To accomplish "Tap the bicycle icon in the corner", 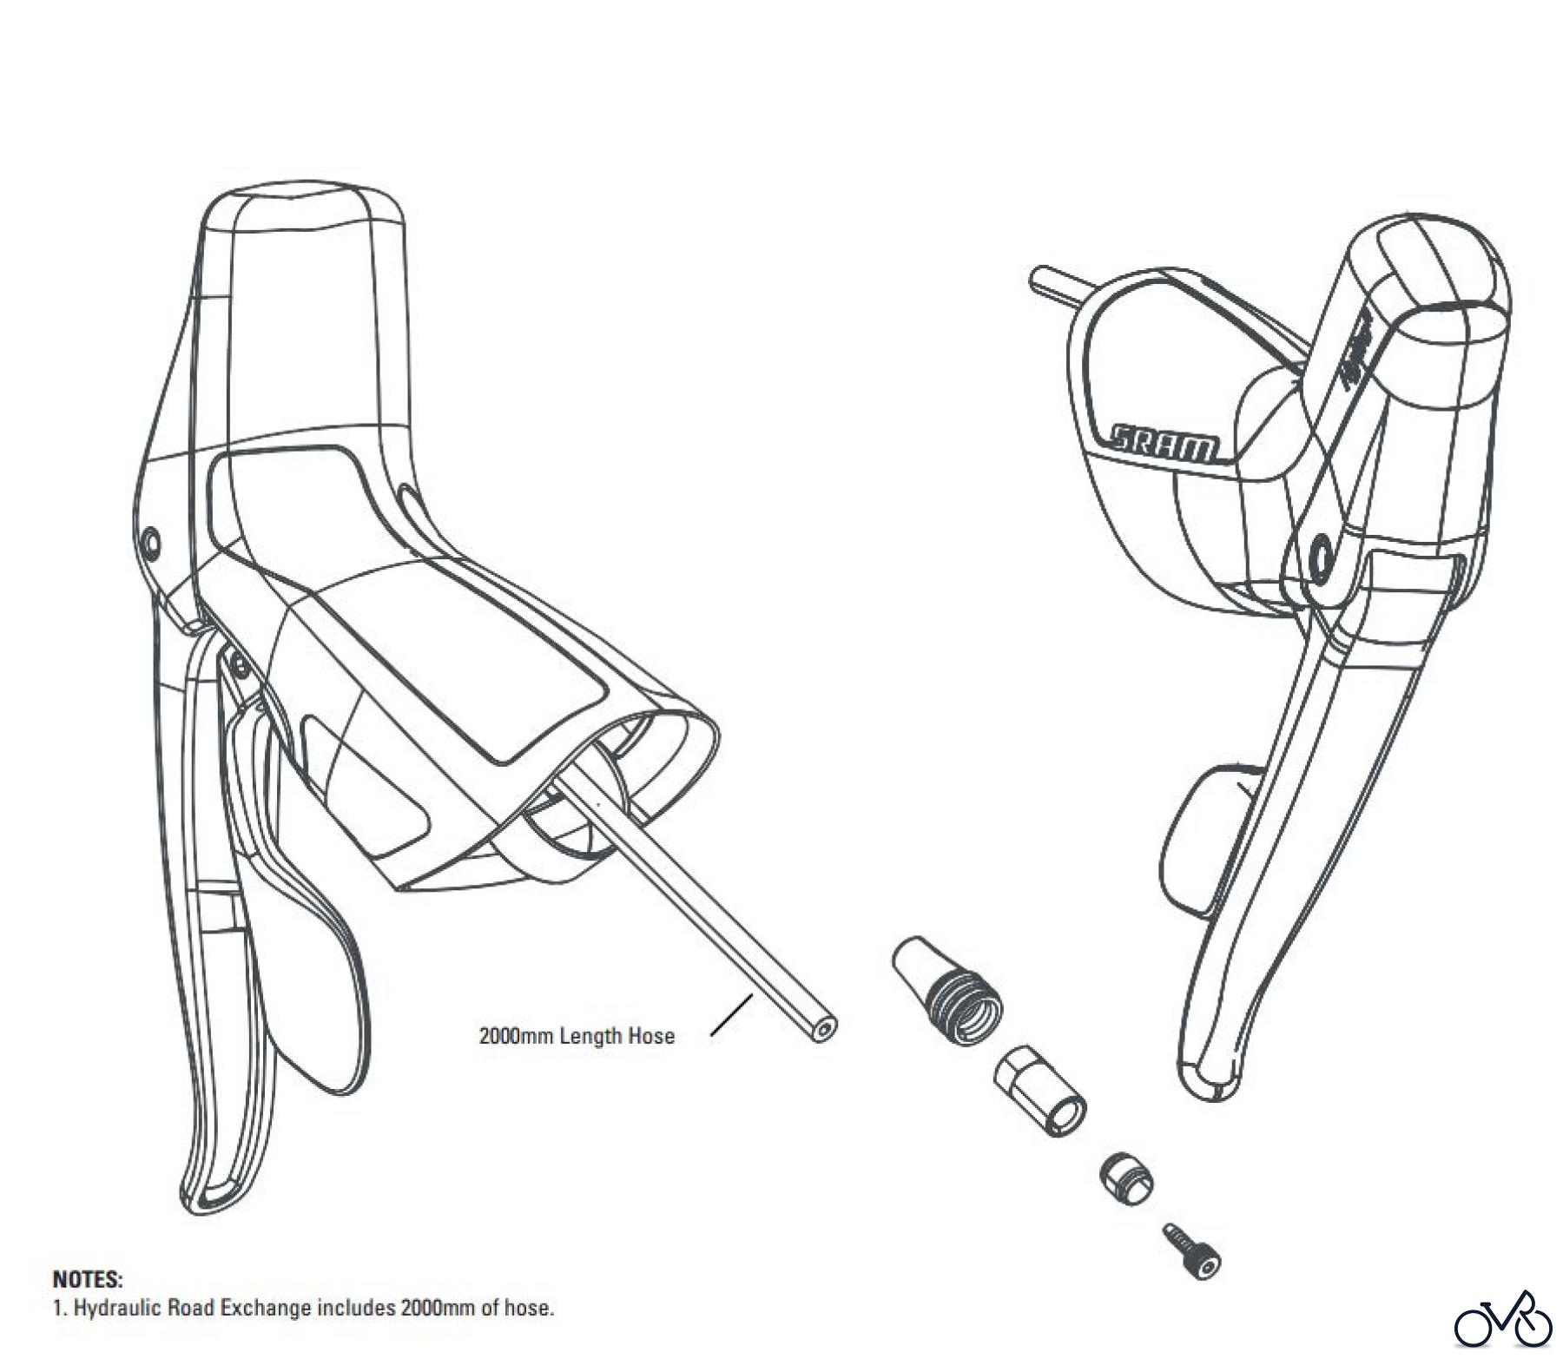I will point(1502,1321).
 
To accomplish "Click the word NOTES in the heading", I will point(88,1279).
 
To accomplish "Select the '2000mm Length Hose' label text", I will point(577,1035).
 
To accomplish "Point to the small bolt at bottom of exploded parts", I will point(1191,1251).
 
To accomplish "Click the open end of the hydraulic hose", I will point(821,1030).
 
